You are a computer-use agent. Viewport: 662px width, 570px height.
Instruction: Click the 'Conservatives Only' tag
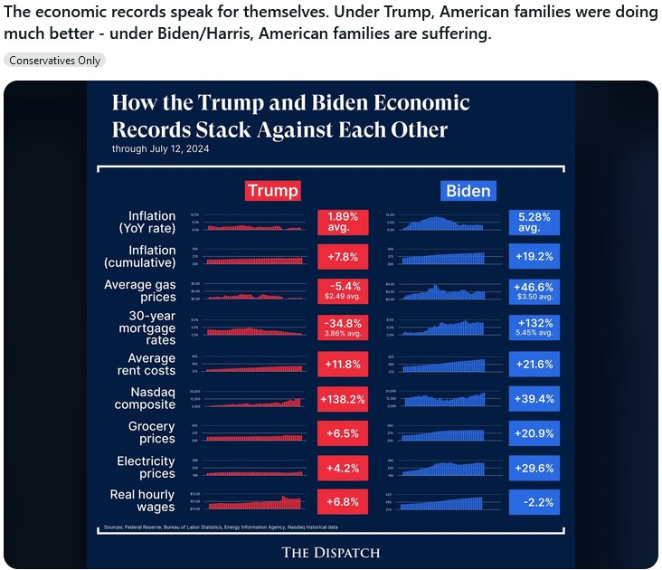[x=54, y=60]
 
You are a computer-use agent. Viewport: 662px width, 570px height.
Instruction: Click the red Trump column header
[x=272, y=191]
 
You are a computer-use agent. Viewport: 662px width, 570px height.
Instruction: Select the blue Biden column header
[x=468, y=191]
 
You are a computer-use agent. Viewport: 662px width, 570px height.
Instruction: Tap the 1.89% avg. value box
[x=344, y=223]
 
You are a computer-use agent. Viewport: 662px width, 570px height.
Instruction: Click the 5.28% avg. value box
[x=534, y=223]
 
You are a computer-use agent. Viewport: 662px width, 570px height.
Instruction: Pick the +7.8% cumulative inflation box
[x=344, y=257]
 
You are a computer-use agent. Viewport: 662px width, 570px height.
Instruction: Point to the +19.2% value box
[x=534, y=257]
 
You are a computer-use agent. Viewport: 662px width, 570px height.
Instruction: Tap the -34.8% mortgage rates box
[x=344, y=328]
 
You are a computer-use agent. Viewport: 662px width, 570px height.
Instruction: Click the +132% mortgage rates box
[x=534, y=328]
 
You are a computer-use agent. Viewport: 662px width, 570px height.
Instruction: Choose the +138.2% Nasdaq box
[x=344, y=398]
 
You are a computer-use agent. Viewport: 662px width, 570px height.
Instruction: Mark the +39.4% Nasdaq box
[x=534, y=398]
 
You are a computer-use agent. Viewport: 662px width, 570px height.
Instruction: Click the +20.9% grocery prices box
[x=534, y=433]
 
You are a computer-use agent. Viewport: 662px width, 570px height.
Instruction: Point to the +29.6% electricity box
[x=534, y=468]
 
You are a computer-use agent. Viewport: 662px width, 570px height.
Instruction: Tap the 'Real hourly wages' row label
[x=144, y=501]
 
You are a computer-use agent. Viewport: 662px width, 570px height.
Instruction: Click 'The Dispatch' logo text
[x=331, y=553]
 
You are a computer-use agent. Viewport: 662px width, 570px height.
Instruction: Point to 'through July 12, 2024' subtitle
[x=160, y=148]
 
